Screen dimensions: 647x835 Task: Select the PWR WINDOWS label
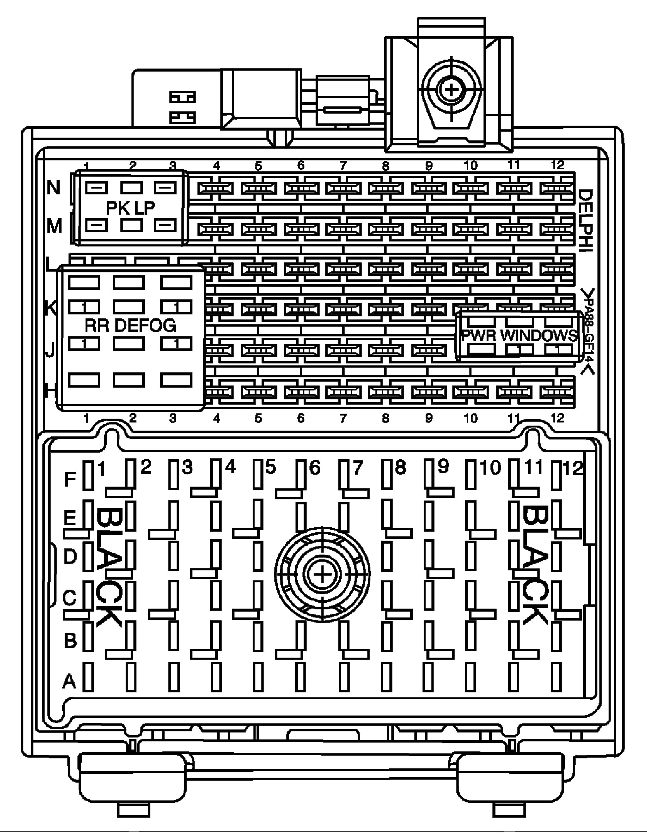(x=519, y=335)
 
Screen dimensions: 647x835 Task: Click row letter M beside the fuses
(x=54, y=227)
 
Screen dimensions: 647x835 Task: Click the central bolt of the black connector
(x=322, y=575)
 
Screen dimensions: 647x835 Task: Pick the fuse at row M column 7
(x=343, y=229)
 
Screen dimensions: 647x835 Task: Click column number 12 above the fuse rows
(x=558, y=165)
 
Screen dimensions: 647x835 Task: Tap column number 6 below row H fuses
(x=301, y=418)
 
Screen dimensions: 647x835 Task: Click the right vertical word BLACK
(x=534, y=566)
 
